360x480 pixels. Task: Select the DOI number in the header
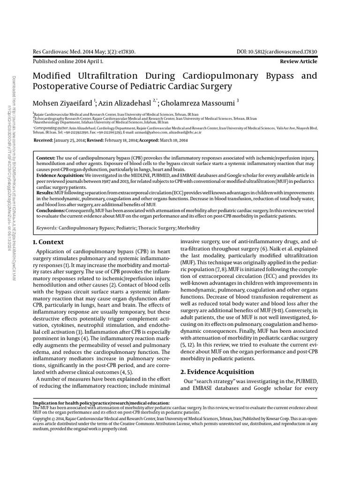282,52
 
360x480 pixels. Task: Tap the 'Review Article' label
298,61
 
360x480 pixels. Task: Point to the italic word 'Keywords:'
47,228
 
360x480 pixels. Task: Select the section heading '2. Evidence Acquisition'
218,372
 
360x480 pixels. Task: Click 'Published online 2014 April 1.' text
68,61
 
